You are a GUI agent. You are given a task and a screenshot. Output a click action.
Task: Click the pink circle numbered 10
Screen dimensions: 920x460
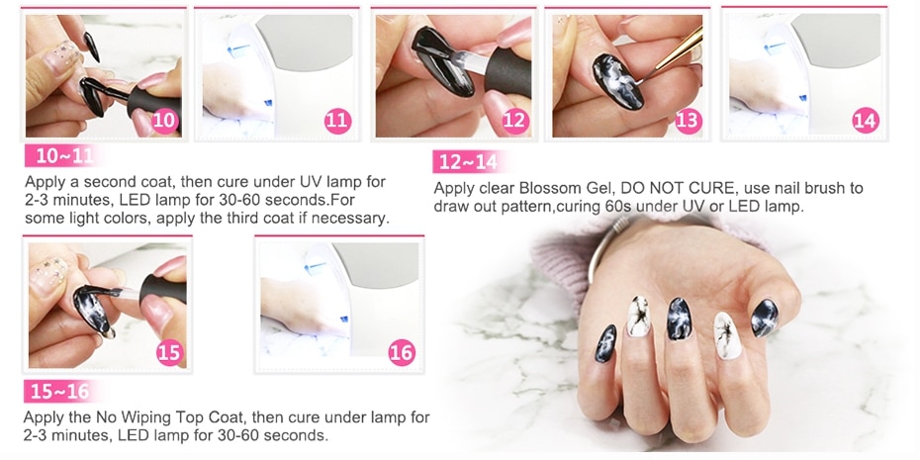[x=165, y=121]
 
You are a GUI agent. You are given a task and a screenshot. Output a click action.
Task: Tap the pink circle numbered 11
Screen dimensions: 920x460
[x=338, y=121]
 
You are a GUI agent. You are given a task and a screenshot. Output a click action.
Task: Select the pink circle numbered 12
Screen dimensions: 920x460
[x=514, y=121]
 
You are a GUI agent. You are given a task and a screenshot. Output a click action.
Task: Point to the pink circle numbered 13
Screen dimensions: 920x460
[x=688, y=121]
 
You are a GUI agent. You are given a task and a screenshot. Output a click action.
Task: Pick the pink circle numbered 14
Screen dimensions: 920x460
[x=866, y=121]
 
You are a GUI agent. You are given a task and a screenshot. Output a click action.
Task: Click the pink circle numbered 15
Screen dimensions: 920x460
[x=170, y=352]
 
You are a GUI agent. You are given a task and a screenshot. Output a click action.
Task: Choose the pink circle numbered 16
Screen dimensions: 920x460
[x=402, y=352]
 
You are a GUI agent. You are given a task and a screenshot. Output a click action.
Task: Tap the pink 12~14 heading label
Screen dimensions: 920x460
[x=468, y=162]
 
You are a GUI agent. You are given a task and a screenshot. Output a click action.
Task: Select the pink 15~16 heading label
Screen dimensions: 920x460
[x=59, y=392]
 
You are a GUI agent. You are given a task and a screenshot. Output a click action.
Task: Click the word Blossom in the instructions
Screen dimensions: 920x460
[x=545, y=189]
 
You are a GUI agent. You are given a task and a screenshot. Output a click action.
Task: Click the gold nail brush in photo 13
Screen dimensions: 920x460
[x=669, y=55]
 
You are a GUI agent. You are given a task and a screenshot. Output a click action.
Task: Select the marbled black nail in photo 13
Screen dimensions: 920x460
[x=617, y=81]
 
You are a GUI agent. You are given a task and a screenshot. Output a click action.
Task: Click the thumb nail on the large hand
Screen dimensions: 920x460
[x=765, y=318]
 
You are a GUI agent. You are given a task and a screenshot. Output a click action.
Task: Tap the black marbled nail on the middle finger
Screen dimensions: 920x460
[x=680, y=319]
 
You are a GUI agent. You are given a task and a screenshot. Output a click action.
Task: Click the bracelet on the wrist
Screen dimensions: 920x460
[x=604, y=246]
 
